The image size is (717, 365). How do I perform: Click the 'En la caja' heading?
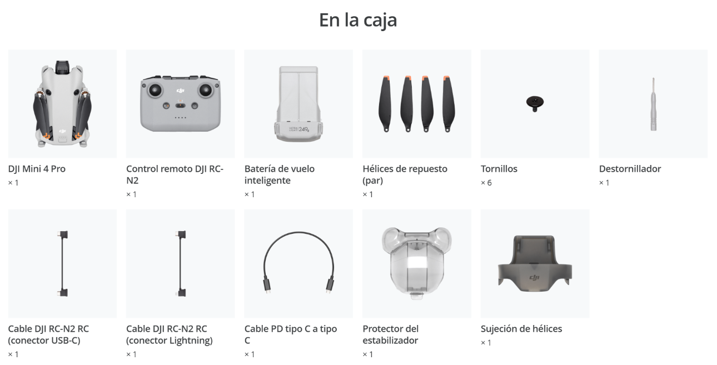tap(358, 20)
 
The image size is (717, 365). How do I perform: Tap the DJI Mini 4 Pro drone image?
tap(62, 104)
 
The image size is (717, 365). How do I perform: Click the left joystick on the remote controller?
tap(155, 91)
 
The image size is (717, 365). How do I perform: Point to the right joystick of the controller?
tap(206, 90)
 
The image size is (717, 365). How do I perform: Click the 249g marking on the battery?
tap(304, 129)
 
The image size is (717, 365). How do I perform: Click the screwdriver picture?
tap(653, 104)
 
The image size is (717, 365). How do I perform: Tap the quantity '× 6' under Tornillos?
tap(486, 183)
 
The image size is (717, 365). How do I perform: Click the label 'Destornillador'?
tap(630, 168)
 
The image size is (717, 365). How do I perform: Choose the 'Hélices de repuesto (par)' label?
tap(405, 174)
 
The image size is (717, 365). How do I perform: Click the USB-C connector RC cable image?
tap(62, 263)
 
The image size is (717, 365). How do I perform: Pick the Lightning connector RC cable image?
tap(181, 263)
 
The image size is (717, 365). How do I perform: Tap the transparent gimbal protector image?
tap(416, 263)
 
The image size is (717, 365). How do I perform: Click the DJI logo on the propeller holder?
tap(535, 277)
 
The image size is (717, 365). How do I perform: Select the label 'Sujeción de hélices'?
tap(521, 328)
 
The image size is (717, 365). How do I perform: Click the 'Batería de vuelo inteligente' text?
tap(280, 174)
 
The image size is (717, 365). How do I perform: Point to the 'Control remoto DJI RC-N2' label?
tap(175, 174)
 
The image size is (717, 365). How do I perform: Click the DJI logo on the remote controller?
tap(181, 91)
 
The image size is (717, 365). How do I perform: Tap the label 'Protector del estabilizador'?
tap(391, 334)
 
